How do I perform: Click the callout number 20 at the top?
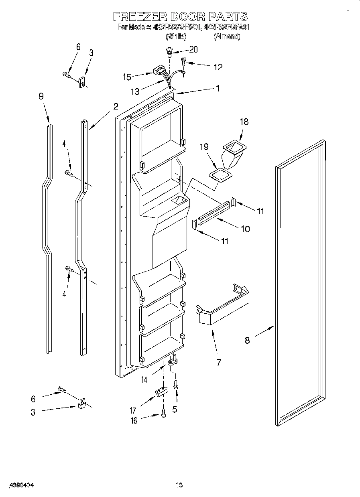point(193,50)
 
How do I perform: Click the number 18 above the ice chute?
point(244,122)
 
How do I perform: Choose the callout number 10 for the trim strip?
point(244,229)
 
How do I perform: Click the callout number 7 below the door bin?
point(219,363)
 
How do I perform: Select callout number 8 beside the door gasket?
point(247,340)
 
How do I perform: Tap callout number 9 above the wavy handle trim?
point(41,96)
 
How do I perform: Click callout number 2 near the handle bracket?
point(116,106)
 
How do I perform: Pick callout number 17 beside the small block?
point(133,410)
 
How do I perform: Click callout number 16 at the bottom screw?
point(134,420)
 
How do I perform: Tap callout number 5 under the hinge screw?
point(174,410)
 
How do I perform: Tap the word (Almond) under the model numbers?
point(227,37)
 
